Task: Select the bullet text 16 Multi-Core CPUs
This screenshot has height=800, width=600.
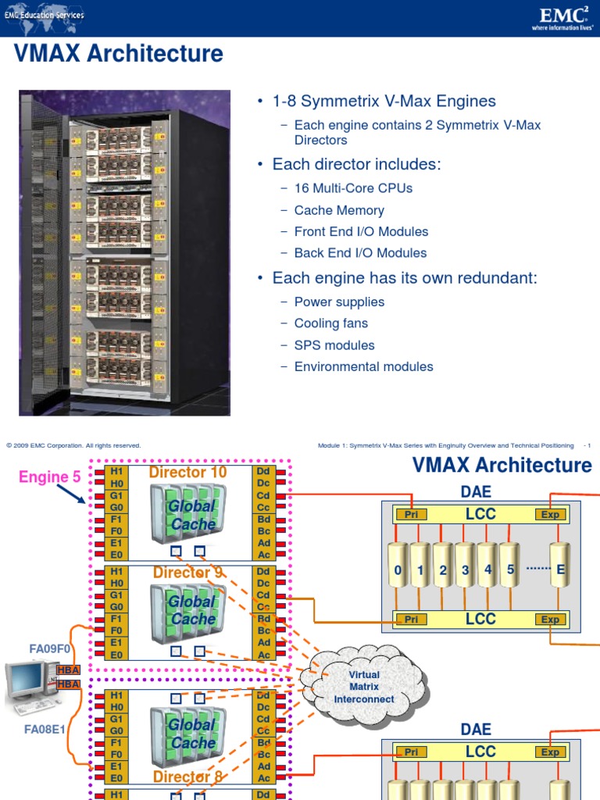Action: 353,188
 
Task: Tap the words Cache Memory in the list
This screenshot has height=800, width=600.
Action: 339,210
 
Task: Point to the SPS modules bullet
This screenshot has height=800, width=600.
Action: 334,345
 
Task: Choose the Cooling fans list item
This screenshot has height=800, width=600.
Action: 330,323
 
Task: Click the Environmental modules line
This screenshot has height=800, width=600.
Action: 363,366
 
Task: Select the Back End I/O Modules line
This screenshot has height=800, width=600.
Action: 360,253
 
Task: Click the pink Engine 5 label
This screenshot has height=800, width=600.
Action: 49,477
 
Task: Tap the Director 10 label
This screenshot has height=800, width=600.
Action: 187,473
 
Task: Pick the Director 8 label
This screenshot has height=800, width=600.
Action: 188,777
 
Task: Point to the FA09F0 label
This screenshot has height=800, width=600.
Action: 50,648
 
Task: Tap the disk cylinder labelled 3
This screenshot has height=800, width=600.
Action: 466,570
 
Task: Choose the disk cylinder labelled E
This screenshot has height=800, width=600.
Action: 559,570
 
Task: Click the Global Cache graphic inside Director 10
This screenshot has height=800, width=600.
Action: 188,516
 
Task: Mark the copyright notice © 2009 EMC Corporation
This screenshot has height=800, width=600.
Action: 73,445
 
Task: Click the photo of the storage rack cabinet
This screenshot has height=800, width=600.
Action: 124,252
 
